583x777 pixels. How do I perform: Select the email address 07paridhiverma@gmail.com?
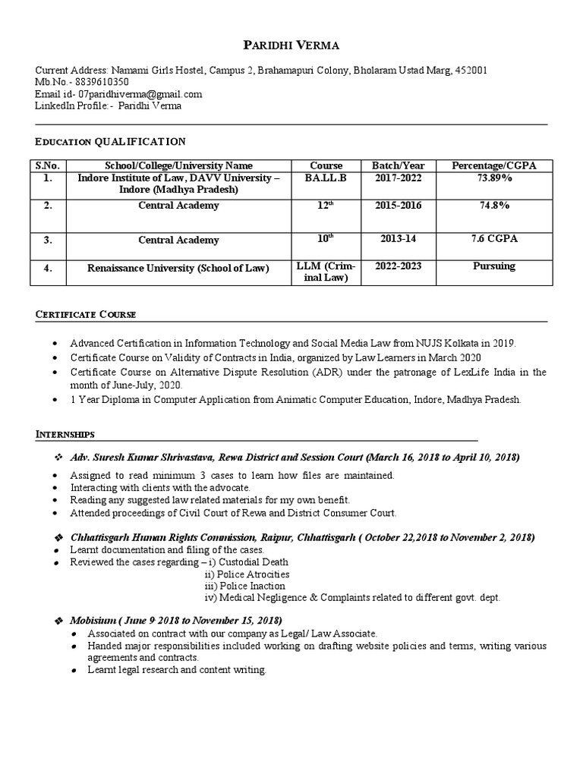pyautogui.click(x=140, y=94)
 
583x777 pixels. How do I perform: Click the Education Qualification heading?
pyautogui.click(x=110, y=142)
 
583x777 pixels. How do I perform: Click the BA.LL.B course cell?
pyautogui.click(x=326, y=178)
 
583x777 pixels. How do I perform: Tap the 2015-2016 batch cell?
pyautogui.click(x=399, y=206)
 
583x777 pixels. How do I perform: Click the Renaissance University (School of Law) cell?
pyautogui.click(x=178, y=268)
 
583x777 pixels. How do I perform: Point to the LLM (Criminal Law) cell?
pyautogui.click(x=326, y=272)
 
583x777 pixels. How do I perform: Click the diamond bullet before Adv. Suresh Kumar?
pyautogui.click(x=58, y=458)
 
